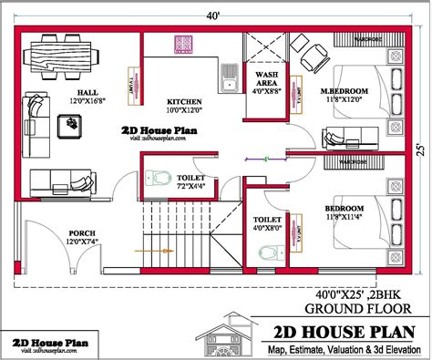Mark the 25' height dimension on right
(419, 148)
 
